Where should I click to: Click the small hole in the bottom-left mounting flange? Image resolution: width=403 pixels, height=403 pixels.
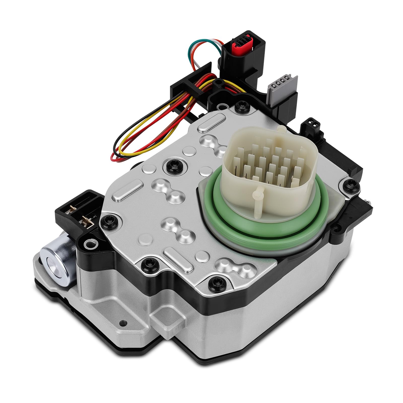pyautogui.click(x=123, y=322)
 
